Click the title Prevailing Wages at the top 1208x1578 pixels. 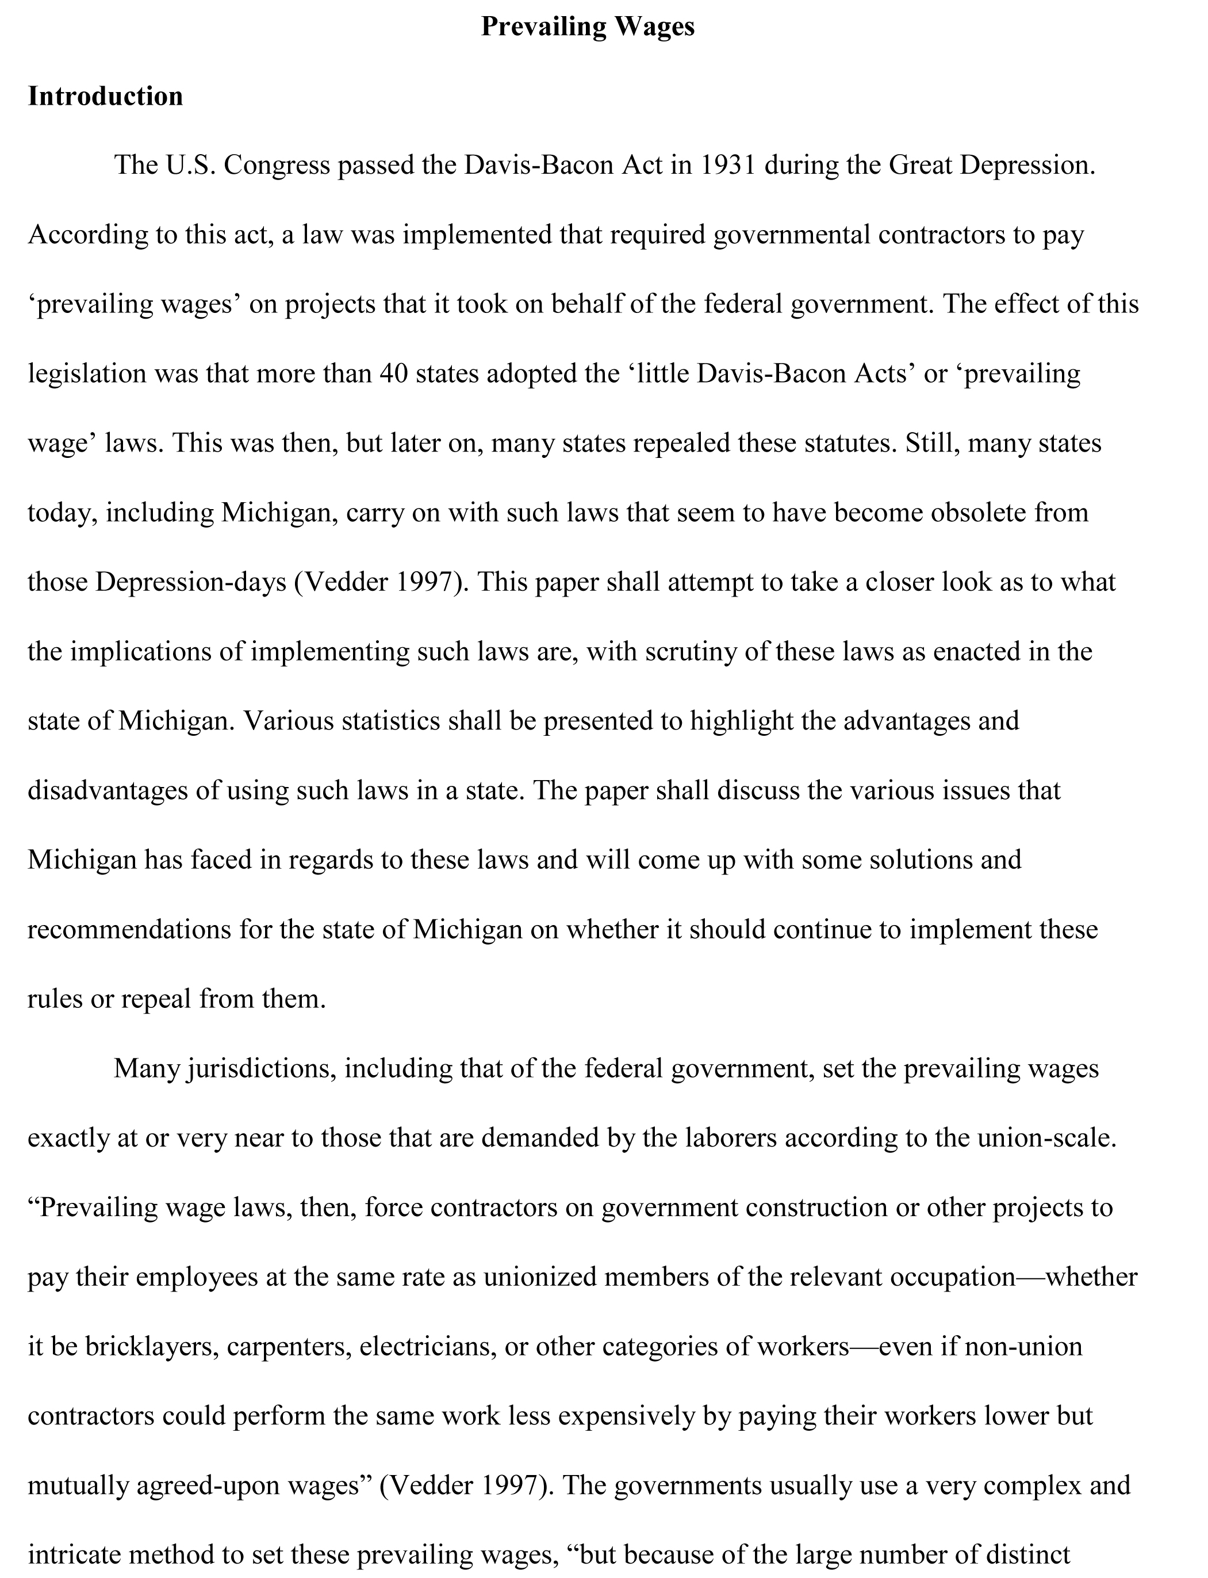tap(588, 26)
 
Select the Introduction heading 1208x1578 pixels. tap(106, 97)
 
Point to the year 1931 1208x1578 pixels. tap(728, 166)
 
